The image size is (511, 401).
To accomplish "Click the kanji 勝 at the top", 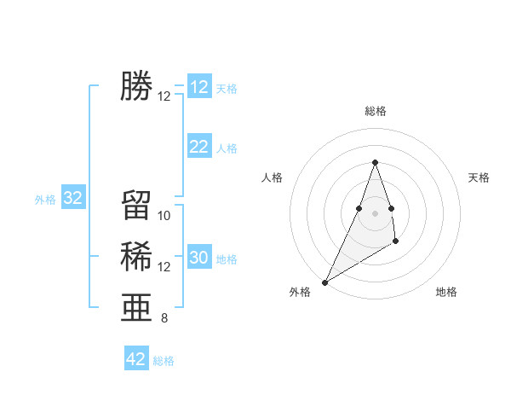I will pyautogui.click(x=136, y=87).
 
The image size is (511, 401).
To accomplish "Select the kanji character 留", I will pyautogui.click(x=136, y=206).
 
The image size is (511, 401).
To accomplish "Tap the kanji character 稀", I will pyautogui.click(x=136, y=257).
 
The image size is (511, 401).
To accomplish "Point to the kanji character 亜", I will pyautogui.click(x=136, y=308).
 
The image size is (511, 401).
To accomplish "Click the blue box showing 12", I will pyautogui.click(x=199, y=87).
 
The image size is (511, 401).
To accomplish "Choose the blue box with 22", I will pyautogui.click(x=199, y=147).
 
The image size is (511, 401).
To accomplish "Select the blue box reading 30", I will pyautogui.click(x=199, y=258).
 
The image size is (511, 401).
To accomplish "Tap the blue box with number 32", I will pyautogui.click(x=73, y=199).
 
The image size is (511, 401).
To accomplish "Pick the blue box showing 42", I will pyautogui.click(x=136, y=359).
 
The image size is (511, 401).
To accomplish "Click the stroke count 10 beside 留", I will pyautogui.click(x=164, y=216).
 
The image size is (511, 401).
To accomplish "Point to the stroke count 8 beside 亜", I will pyautogui.click(x=164, y=319).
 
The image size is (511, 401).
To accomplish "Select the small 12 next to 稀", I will pyautogui.click(x=164, y=267).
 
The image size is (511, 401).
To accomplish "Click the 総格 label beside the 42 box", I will pyautogui.click(x=164, y=361).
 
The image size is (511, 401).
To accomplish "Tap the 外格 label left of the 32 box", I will pyautogui.click(x=45, y=200).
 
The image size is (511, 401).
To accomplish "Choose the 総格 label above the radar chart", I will pyautogui.click(x=375, y=112).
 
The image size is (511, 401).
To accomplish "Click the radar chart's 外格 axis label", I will pyautogui.click(x=300, y=292).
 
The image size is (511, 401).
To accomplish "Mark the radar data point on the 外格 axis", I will pyautogui.click(x=324, y=282).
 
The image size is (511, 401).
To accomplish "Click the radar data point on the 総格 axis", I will pyautogui.click(x=375, y=162).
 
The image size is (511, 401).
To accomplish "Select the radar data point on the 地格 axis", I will pyautogui.click(x=396, y=242).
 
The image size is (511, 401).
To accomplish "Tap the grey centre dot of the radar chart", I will pyautogui.click(x=375, y=213).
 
